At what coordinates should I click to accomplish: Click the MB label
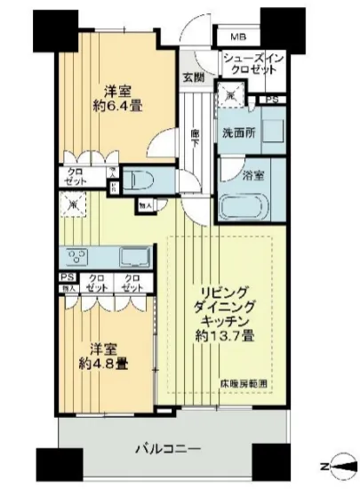pyautogui.click(x=239, y=37)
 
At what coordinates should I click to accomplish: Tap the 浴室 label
pyautogui.click(x=252, y=174)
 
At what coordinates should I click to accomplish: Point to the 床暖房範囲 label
pyautogui.click(x=245, y=383)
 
